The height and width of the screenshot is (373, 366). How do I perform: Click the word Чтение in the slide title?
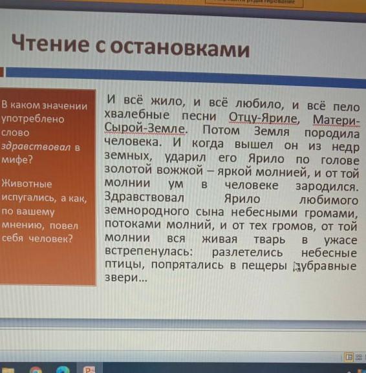[x=50, y=43]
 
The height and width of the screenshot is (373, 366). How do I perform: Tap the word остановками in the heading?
[x=180, y=48]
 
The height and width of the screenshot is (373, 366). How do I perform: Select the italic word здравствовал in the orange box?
[x=36, y=147]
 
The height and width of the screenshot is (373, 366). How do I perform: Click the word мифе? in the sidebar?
[x=17, y=160]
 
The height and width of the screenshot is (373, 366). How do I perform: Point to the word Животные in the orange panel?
[x=27, y=184]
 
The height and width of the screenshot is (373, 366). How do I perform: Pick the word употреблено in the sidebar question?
[x=33, y=119]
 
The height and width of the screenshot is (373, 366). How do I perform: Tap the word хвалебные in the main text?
[x=137, y=115]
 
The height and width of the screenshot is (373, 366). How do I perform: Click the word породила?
[x=332, y=133]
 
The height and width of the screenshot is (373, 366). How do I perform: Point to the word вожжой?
[x=180, y=170]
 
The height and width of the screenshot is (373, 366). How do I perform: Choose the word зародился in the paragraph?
[x=327, y=186]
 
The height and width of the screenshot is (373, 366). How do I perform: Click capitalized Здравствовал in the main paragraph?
[x=144, y=197]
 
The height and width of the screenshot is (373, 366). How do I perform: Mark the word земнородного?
[x=147, y=211]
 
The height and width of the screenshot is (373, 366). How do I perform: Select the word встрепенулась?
[x=149, y=251]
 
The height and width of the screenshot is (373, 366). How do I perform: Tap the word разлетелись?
[x=247, y=252]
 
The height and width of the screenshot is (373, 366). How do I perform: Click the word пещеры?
[x=264, y=266]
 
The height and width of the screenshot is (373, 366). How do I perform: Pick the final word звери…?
[x=126, y=277]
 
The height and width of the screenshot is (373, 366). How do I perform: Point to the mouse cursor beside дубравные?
[x=296, y=267]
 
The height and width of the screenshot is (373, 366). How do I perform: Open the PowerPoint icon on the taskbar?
[x=89, y=369]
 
